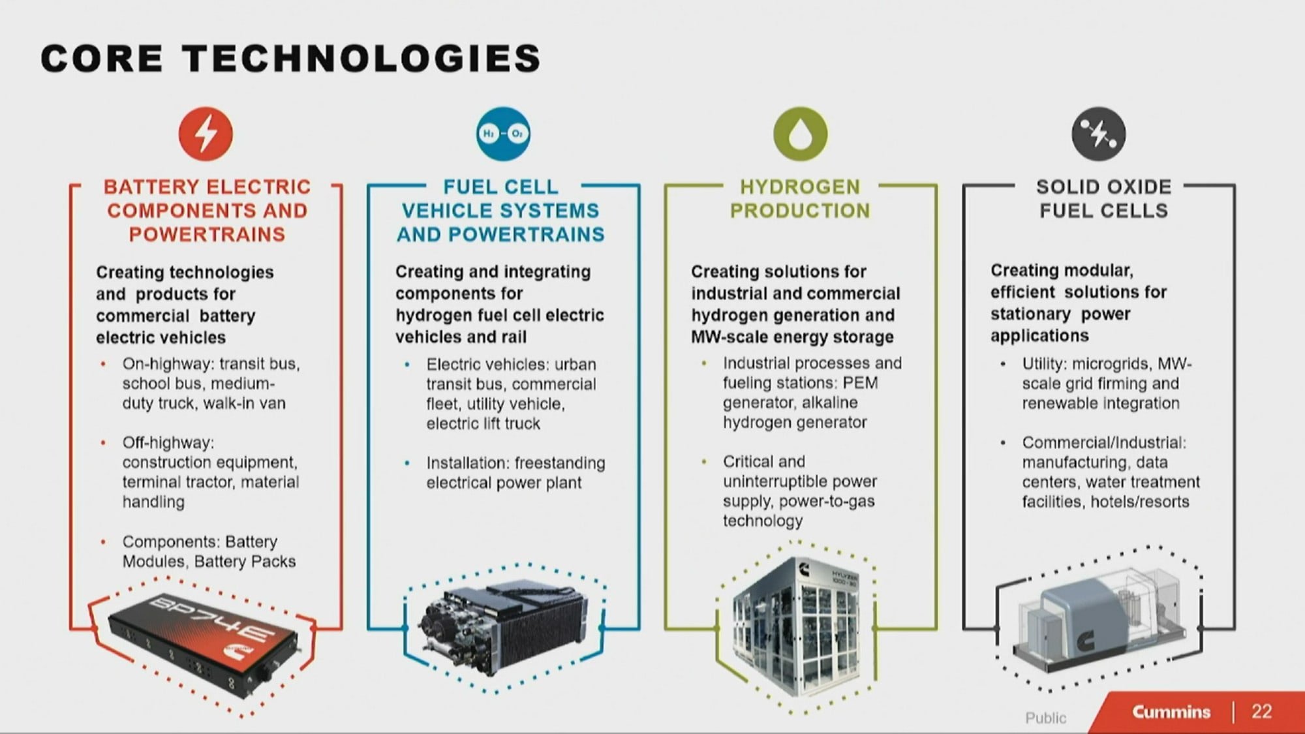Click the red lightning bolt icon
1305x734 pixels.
206,134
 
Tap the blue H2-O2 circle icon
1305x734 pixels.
502,134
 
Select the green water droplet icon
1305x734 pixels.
800,134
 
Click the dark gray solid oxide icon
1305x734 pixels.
1098,134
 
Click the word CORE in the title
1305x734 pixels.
101,59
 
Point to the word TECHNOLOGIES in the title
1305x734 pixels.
362,59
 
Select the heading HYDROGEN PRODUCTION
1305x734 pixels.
800,199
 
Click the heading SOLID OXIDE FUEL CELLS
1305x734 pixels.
1103,199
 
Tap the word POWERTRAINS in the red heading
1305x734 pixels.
207,234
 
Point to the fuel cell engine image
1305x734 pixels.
502,626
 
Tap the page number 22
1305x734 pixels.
1261,711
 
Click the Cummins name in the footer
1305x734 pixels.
1171,712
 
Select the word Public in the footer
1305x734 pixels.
1045,718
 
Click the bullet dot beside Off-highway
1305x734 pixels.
103,443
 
